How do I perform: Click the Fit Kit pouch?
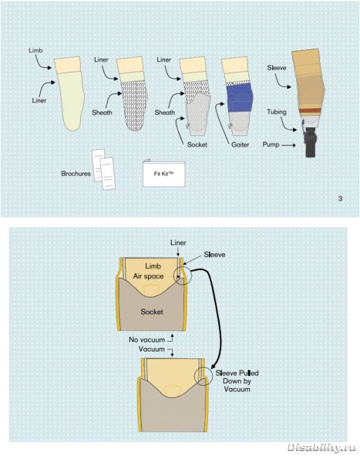(x=164, y=174)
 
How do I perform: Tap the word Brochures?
(x=76, y=173)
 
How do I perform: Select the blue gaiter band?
(x=239, y=98)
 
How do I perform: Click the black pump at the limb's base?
(x=311, y=142)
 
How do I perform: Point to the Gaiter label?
(x=240, y=145)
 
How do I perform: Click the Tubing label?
(x=276, y=112)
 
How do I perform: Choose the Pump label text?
(x=271, y=145)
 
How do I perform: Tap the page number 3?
(x=340, y=199)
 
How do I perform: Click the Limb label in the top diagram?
(x=36, y=51)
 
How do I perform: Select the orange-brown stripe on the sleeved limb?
(x=310, y=111)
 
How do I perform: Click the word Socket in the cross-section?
(x=152, y=311)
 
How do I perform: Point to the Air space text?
(x=148, y=276)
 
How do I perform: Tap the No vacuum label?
(x=147, y=340)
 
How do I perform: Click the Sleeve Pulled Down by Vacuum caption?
(x=237, y=381)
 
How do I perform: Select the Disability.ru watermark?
(x=322, y=448)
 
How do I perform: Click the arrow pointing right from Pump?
(x=288, y=145)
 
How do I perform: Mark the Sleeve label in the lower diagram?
(x=215, y=255)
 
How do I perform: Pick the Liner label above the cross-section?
(x=178, y=243)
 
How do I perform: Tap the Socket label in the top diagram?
(x=197, y=145)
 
